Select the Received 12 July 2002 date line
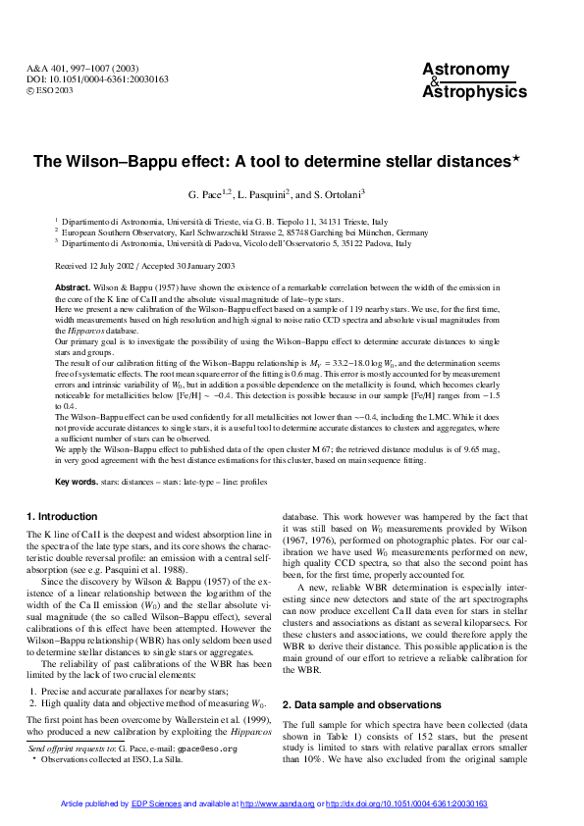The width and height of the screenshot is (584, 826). [x=144, y=265]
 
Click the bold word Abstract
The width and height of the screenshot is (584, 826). [x=73, y=286]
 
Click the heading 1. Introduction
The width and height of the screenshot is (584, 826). [x=62, y=516]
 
